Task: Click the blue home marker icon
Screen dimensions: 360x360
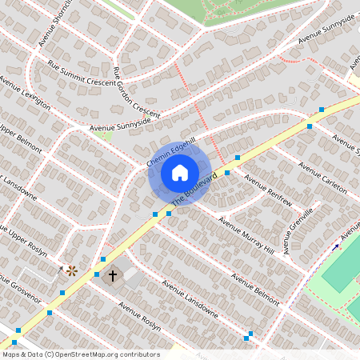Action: pyautogui.click(x=180, y=173)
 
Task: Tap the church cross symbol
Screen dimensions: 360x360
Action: pyautogui.click(x=113, y=275)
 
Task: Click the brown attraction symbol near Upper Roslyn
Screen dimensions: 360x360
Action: pyautogui.click(x=72, y=270)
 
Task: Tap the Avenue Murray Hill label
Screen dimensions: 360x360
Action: pyautogui.click(x=246, y=236)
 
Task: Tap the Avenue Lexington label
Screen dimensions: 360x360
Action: pyautogui.click(x=26, y=94)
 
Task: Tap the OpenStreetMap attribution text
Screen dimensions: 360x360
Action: pyautogui.click(x=80, y=354)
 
